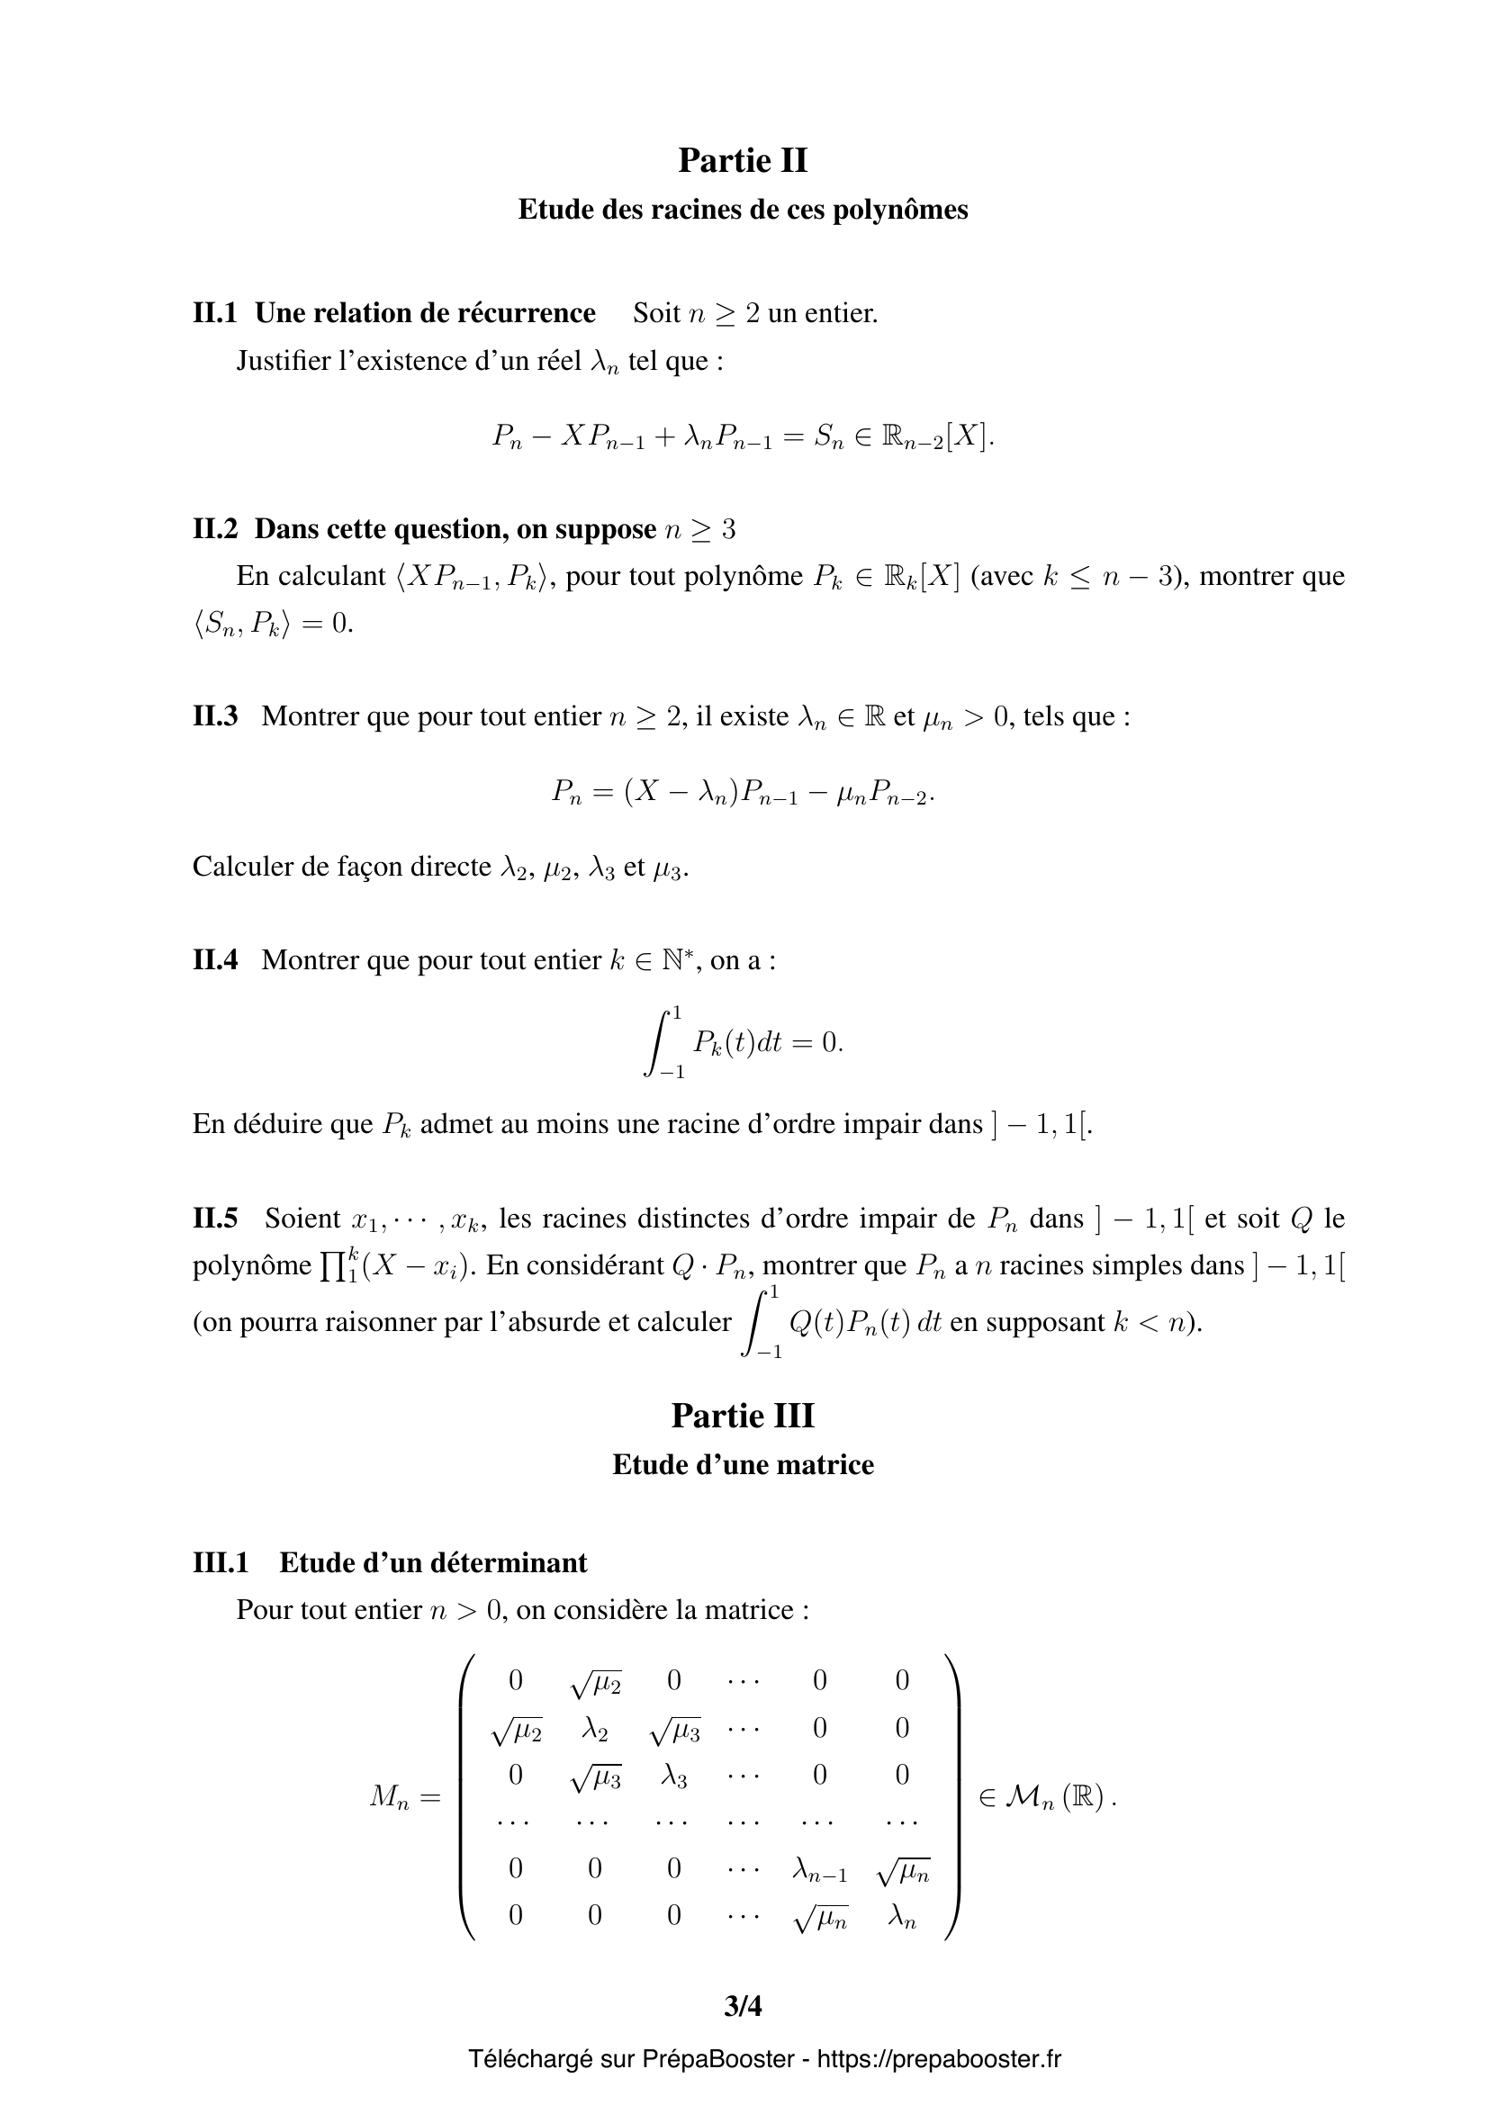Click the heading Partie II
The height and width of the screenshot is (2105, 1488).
[743, 160]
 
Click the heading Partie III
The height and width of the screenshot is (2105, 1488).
[743, 1416]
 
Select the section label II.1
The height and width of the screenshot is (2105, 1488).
[214, 313]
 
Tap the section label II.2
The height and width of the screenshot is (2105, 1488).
[214, 529]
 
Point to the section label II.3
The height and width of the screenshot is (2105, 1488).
[214, 716]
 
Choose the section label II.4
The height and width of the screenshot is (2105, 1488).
[214, 960]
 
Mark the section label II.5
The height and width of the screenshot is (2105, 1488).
[214, 1219]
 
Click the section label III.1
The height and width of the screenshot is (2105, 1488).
[220, 1562]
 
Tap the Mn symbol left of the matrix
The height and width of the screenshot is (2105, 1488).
[390, 1798]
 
